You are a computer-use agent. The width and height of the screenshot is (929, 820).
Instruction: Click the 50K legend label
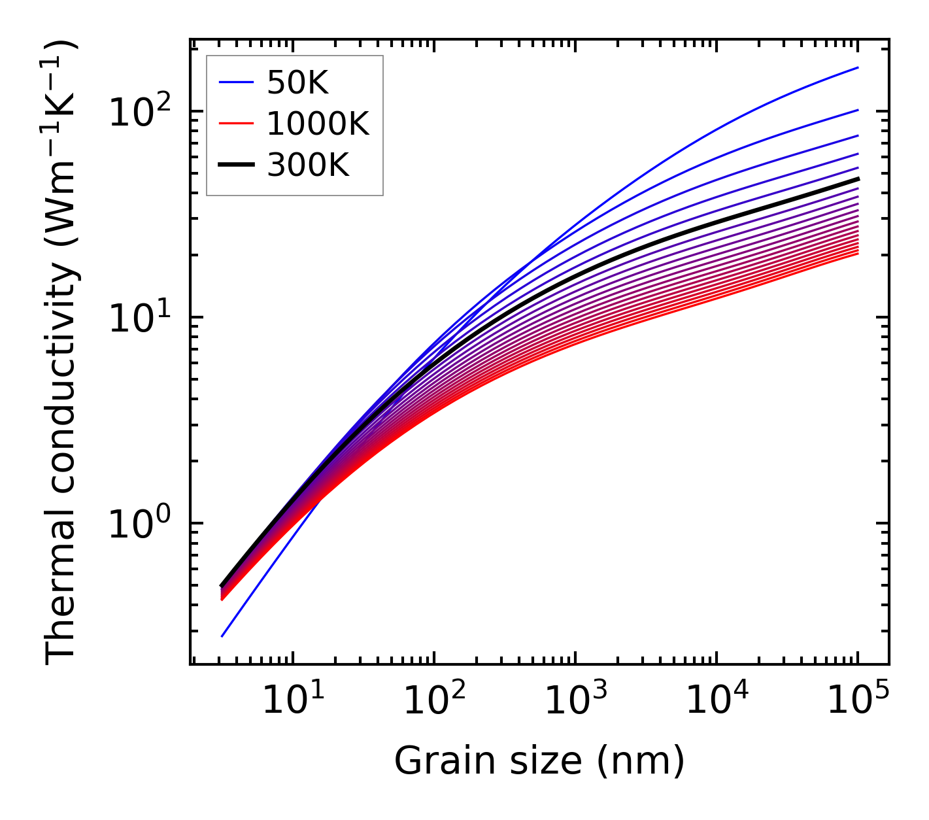coord(297,82)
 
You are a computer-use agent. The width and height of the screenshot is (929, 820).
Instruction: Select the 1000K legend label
coord(318,124)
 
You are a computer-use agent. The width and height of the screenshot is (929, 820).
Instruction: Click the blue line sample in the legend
coord(236,82)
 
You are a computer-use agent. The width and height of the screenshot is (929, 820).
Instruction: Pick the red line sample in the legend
coord(236,124)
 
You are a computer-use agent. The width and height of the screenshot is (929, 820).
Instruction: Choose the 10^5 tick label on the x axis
coord(856,700)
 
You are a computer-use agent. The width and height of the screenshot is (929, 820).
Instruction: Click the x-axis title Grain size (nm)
coord(539,761)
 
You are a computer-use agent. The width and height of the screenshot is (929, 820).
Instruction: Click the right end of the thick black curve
coord(858,179)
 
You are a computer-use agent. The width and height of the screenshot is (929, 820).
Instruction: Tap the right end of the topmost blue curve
coord(858,67)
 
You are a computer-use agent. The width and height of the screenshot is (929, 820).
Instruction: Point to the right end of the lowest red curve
coord(858,253)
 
